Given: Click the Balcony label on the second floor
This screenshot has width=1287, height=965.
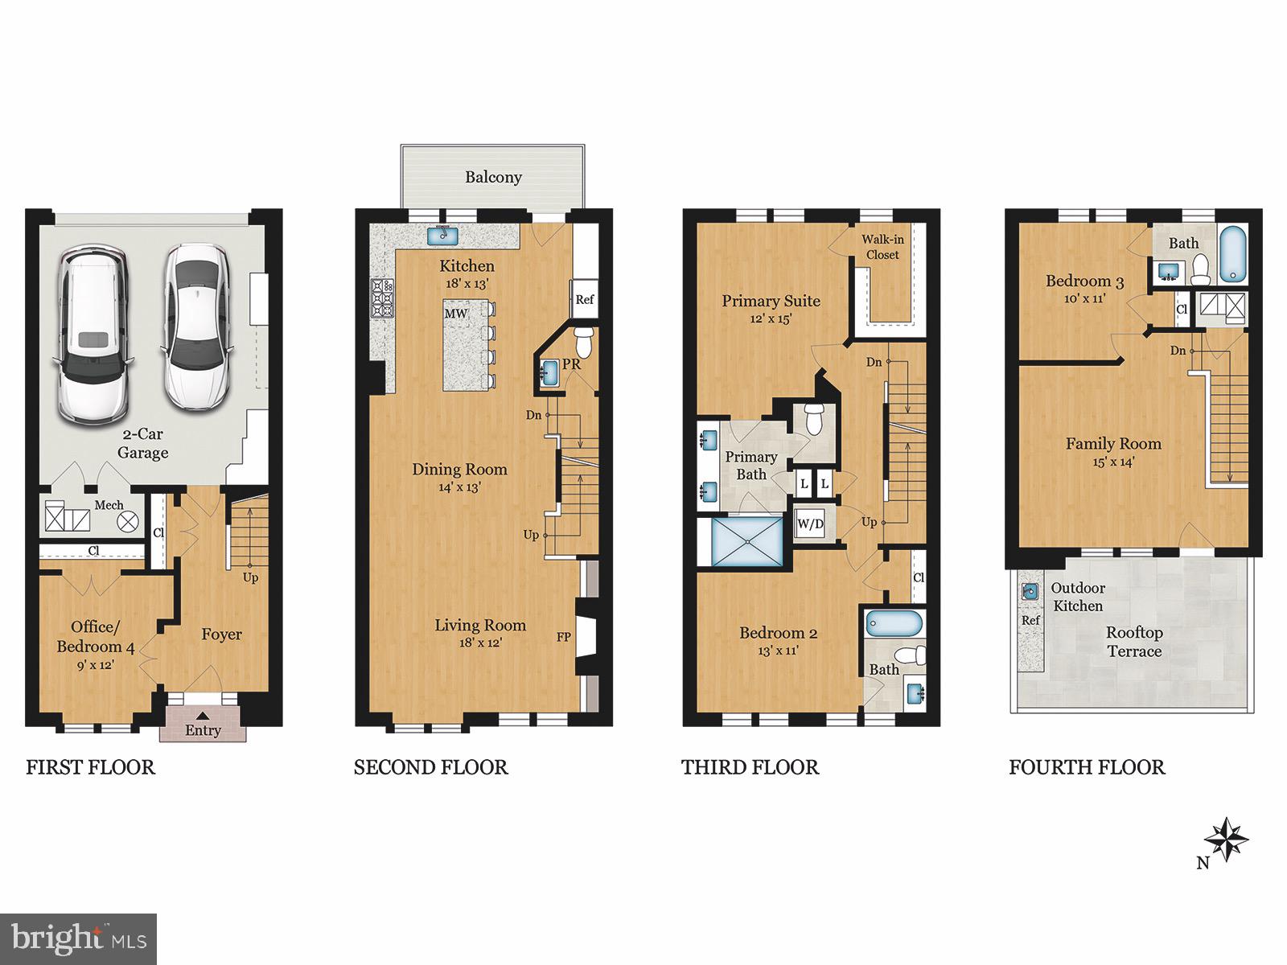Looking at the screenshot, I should pyautogui.click(x=493, y=177).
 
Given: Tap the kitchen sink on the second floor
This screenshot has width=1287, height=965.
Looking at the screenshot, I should pyautogui.click(x=442, y=235).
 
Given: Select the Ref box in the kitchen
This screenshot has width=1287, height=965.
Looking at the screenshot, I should pyautogui.click(x=584, y=299).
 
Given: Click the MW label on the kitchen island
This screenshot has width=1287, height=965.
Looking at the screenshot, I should pyautogui.click(x=456, y=314).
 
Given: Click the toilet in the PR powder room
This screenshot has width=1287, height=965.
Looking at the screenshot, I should pyautogui.click(x=583, y=341).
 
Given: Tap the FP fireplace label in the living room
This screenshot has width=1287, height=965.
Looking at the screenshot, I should pyautogui.click(x=564, y=637).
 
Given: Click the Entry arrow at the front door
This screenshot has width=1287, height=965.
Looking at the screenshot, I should pyautogui.click(x=203, y=715).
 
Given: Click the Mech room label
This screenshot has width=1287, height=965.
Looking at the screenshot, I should pyautogui.click(x=109, y=505).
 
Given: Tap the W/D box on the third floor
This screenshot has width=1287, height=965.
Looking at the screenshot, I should pyautogui.click(x=810, y=524).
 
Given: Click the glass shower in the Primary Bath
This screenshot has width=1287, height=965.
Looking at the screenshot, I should pyautogui.click(x=748, y=542).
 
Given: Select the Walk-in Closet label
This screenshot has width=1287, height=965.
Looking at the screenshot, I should pyautogui.click(x=882, y=247).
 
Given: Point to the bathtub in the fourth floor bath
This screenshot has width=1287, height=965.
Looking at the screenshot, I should pyautogui.click(x=1231, y=254).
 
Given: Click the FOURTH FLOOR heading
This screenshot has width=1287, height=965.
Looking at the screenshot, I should pyautogui.click(x=1087, y=767).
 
